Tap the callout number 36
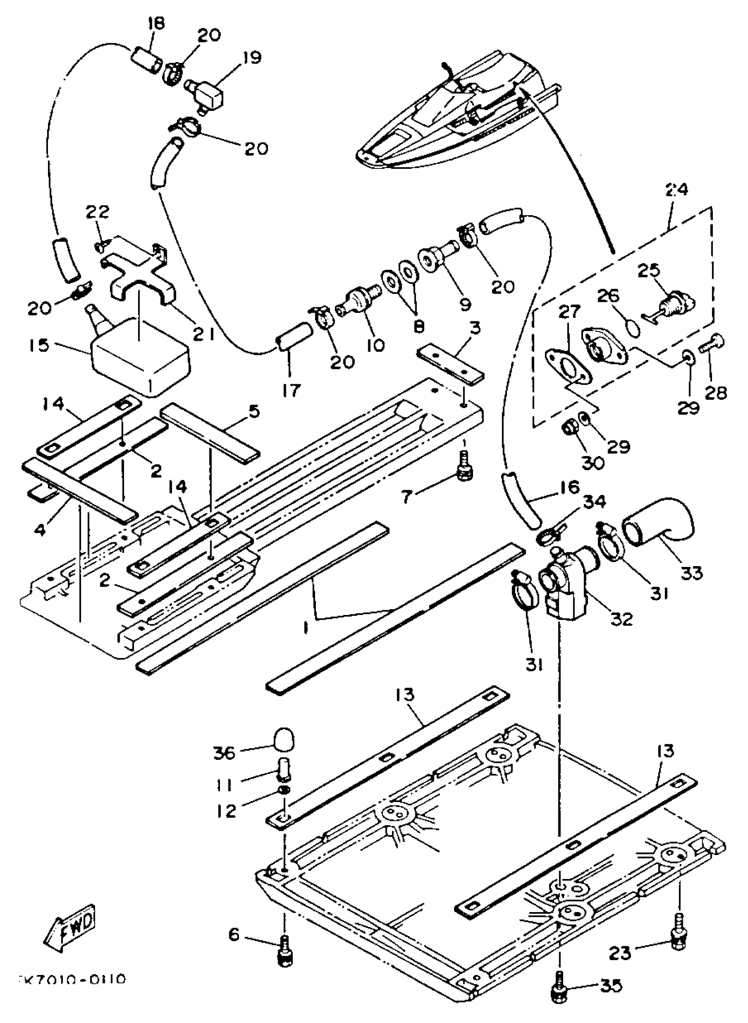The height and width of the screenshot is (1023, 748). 224,753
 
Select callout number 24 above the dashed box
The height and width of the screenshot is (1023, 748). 676,190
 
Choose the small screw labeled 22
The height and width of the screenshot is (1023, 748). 100,246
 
